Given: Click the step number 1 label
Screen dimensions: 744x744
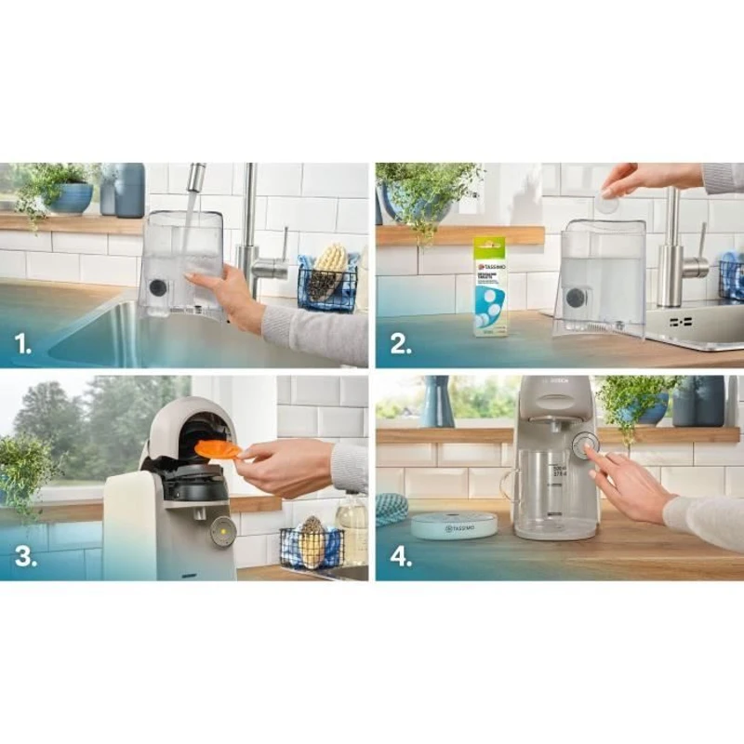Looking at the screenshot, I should pos(24,345).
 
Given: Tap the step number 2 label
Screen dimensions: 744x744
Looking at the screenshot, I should pos(400,345).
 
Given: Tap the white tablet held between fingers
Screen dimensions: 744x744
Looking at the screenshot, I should pos(607,204).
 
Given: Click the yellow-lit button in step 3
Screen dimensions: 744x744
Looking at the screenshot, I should pos(221,531).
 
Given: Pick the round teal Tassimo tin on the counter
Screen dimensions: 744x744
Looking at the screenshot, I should pos(454,525).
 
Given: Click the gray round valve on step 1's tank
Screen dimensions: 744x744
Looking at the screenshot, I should pos(159,288).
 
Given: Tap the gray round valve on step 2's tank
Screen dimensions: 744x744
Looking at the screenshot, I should pos(578,299).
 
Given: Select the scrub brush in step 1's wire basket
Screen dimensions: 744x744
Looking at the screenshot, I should pos(327,271).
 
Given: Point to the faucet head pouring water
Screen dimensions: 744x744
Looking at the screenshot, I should pos(196,178).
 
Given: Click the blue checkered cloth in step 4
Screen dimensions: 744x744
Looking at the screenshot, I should pos(392,509).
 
